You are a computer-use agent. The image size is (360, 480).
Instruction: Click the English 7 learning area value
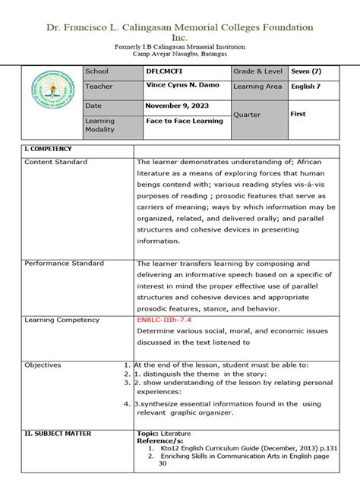pyautogui.click(x=308, y=87)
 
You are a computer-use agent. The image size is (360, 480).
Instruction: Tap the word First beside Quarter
pyautogui.click(x=298, y=113)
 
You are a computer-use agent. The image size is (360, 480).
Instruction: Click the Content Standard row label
pyautogui.click(x=55, y=162)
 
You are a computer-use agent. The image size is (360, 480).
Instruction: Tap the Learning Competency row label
pyautogui.click(x=62, y=321)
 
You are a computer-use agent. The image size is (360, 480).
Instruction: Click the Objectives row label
pyautogui.click(x=43, y=365)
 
